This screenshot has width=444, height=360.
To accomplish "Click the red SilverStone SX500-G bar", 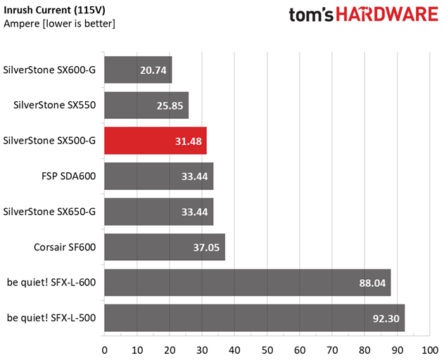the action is [x=156, y=141].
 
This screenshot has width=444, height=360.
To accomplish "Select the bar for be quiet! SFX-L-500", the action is [x=255, y=318].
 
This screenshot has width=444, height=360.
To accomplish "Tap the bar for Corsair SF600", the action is [x=165, y=247].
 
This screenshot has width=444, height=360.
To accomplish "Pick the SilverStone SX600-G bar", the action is [x=138, y=70].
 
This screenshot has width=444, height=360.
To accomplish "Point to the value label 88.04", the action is [x=372, y=283].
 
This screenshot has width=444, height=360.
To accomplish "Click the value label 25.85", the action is [x=170, y=106].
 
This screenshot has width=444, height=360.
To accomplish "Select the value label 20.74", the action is [x=153, y=70].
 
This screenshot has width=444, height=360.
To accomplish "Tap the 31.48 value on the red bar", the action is [x=189, y=141].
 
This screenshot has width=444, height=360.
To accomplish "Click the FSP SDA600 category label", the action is [x=68, y=176].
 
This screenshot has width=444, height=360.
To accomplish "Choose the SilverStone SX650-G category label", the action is [x=49, y=212].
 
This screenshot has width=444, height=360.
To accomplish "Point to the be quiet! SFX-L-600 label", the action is [x=51, y=283].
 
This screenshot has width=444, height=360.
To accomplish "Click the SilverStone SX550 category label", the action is [x=55, y=105].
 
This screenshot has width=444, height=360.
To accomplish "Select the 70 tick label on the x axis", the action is [x=332, y=350].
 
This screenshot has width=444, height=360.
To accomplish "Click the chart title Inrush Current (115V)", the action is [x=54, y=10].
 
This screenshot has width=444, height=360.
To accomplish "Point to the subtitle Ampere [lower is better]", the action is [x=59, y=23].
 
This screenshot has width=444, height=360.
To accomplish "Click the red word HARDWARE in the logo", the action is [x=387, y=14].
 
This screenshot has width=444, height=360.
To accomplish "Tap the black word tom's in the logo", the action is [x=311, y=15].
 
